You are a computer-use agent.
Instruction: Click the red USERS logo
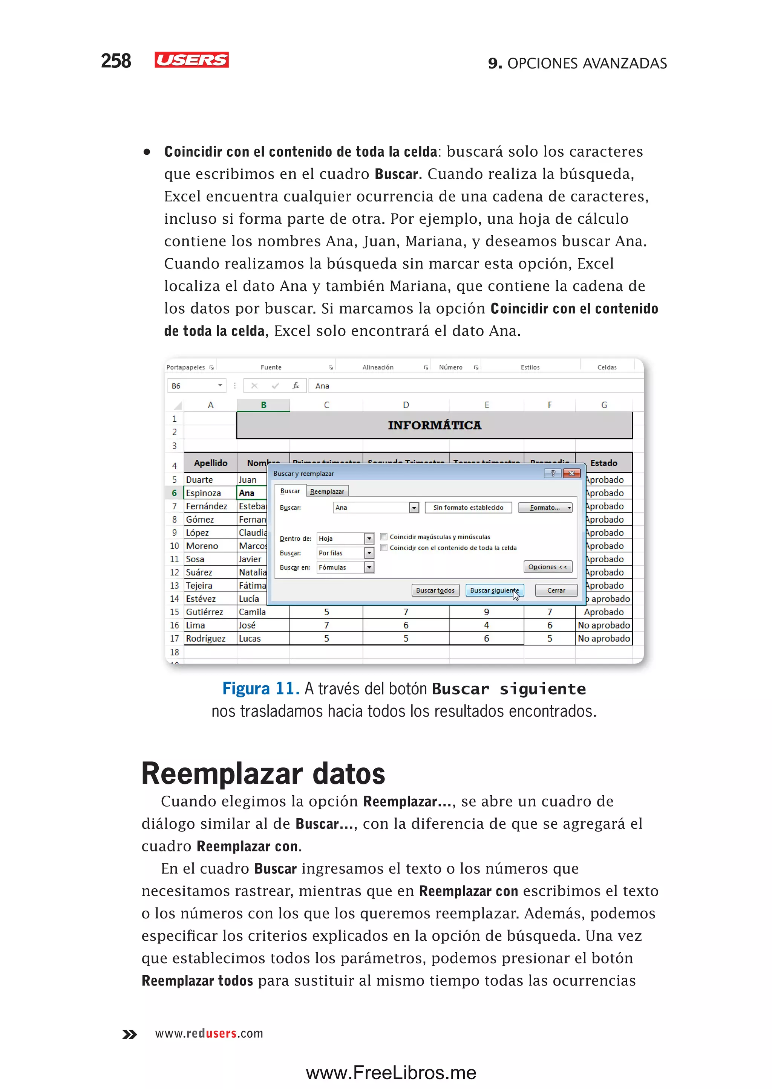(x=191, y=60)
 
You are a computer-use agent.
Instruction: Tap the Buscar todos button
(x=435, y=590)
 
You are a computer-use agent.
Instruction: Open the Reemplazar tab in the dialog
(x=327, y=491)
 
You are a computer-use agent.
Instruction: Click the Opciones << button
(x=547, y=567)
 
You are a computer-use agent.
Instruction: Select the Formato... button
(x=545, y=508)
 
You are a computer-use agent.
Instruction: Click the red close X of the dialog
(x=571, y=473)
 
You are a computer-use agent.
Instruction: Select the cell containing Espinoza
(x=210, y=493)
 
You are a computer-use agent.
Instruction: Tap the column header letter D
(x=406, y=405)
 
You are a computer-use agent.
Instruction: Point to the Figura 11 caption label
(x=260, y=689)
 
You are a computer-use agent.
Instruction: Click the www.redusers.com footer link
(x=209, y=1033)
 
